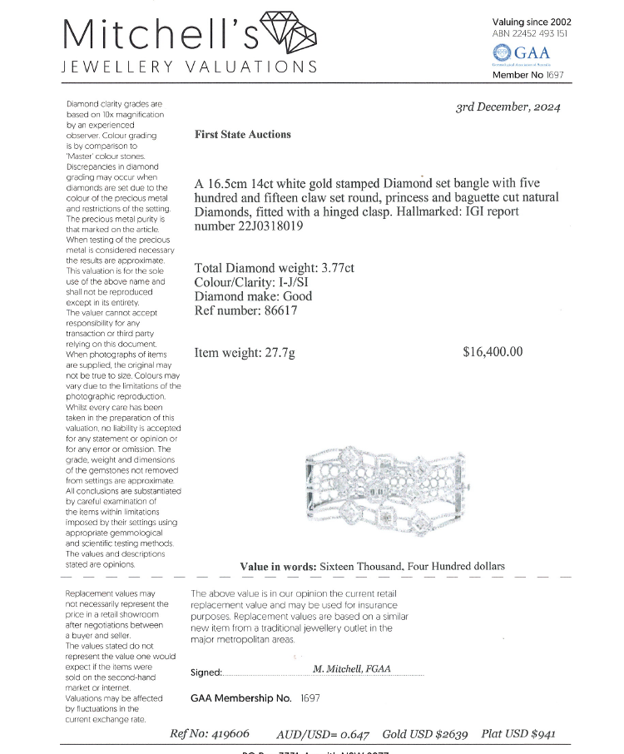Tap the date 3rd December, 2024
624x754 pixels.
(x=508, y=107)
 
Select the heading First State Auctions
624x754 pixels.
(x=242, y=134)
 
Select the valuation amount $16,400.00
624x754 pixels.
(x=493, y=351)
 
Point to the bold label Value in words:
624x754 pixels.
(x=278, y=567)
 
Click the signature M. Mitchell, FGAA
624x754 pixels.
(x=351, y=668)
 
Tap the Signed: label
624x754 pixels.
(x=206, y=672)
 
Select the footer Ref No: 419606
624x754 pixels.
(x=209, y=734)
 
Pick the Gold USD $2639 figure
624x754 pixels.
(x=425, y=734)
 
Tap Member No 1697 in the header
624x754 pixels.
(x=528, y=75)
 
